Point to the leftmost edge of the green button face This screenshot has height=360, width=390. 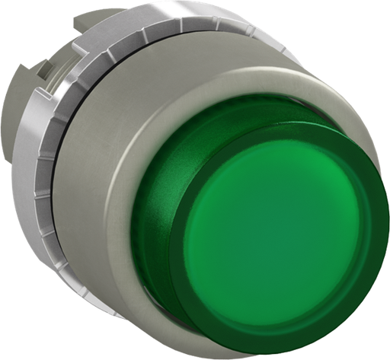(x=183, y=228)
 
